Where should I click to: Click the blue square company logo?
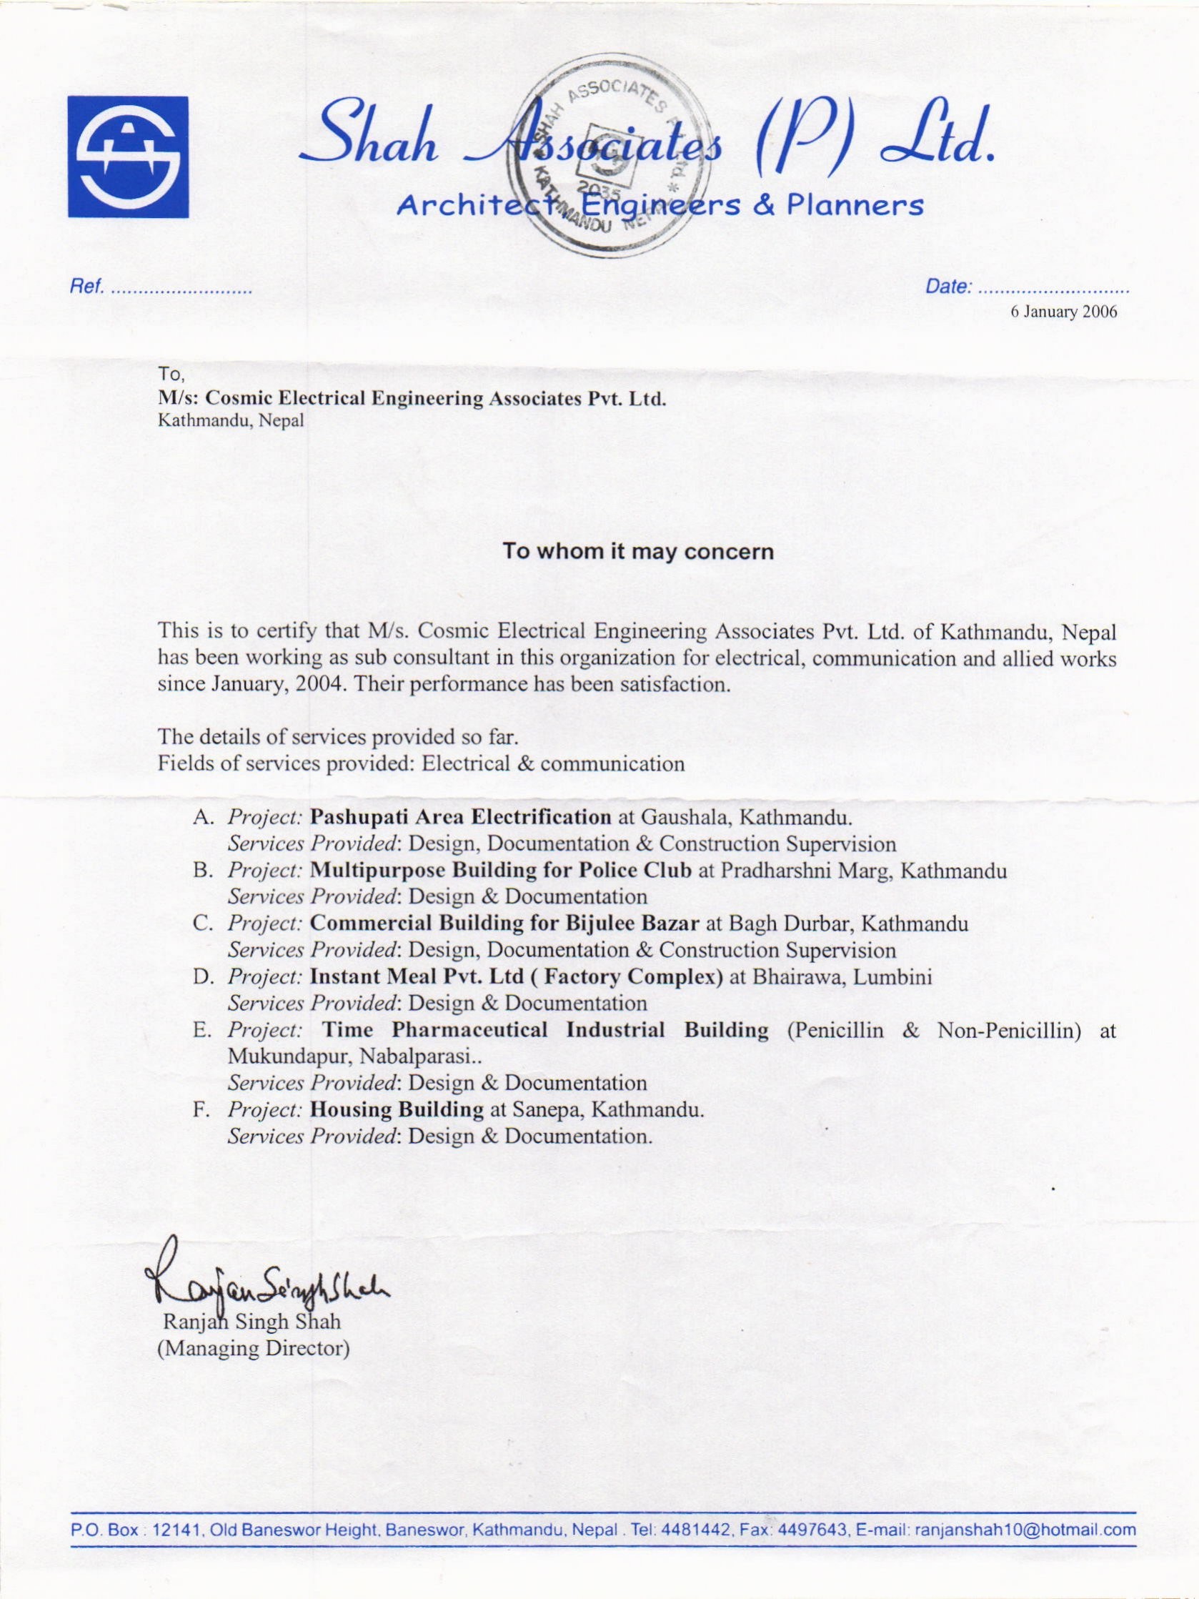[128, 157]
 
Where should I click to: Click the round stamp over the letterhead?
[607, 159]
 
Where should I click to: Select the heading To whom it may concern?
[638, 552]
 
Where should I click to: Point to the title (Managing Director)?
[254, 1348]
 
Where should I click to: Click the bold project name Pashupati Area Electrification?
[460, 817]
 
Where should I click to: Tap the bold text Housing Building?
[396, 1109]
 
